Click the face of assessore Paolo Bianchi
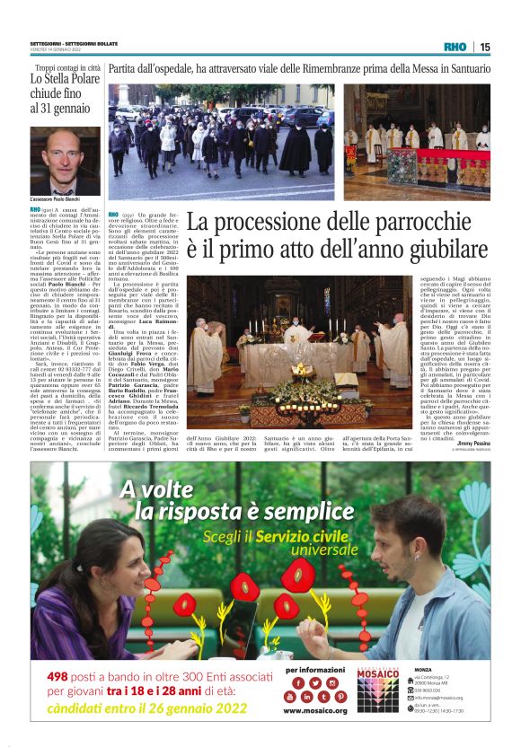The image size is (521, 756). pos(66,158)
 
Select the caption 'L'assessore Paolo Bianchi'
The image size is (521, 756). pos(57,198)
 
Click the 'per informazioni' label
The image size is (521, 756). pos(310,669)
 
